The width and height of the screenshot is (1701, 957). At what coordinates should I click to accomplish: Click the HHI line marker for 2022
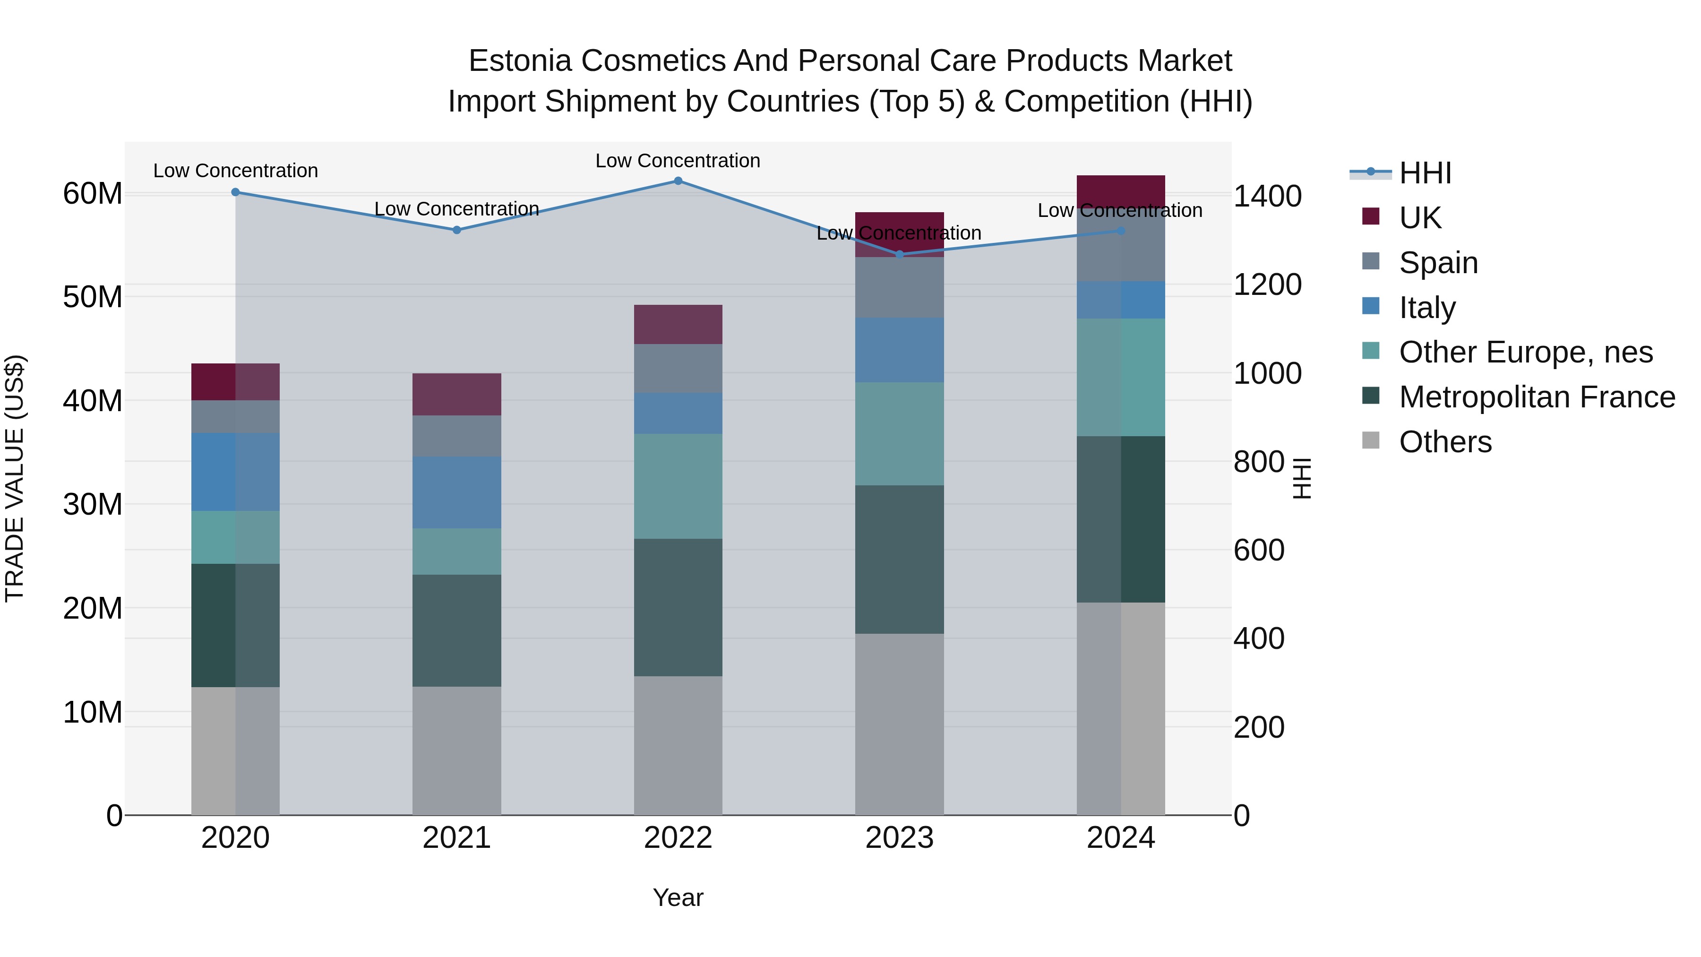click(678, 181)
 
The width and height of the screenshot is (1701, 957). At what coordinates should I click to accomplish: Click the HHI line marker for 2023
click(899, 254)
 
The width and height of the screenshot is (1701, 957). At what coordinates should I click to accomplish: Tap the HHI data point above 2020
click(236, 192)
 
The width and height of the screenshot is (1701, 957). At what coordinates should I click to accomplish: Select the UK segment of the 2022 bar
click(678, 324)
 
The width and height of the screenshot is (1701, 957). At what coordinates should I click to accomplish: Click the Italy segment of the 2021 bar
click(456, 492)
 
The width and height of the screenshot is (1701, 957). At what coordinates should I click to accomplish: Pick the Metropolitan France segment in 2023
click(899, 560)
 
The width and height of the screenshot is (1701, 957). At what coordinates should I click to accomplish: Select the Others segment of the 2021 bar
click(456, 750)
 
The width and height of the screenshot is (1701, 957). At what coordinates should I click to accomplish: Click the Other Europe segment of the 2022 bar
click(678, 486)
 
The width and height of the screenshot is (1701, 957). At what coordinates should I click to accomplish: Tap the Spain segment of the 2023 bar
click(899, 287)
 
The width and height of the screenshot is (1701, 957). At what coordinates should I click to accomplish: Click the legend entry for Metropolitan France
click(1536, 397)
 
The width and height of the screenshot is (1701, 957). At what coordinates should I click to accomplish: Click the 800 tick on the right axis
click(1259, 462)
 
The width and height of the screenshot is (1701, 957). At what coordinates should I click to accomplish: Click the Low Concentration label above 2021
click(456, 209)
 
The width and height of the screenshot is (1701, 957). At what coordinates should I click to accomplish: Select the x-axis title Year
click(678, 897)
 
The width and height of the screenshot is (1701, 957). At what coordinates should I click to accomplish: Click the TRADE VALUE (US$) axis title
click(15, 478)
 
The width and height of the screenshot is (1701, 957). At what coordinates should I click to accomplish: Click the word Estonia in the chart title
click(520, 61)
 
